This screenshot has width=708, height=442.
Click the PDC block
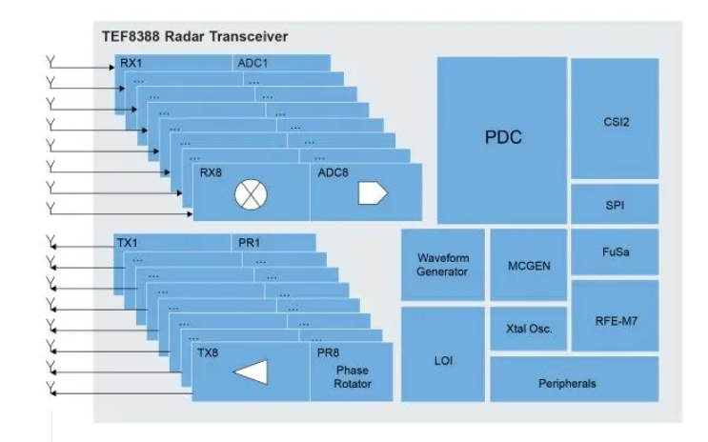[x=502, y=140]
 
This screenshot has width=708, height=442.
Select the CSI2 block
[x=615, y=118]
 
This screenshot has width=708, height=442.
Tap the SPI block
[x=615, y=204]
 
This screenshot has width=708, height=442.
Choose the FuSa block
[x=615, y=251]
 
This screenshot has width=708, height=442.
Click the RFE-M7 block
[x=615, y=315]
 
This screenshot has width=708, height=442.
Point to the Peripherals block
[x=575, y=379]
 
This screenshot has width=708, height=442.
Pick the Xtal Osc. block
[x=529, y=329]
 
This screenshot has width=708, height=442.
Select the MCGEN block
[x=529, y=265]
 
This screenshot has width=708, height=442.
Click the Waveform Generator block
[x=443, y=265]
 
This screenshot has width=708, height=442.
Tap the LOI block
[x=443, y=354]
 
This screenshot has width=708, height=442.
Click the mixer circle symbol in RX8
[x=251, y=194]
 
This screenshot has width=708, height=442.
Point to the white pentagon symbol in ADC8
[x=373, y=193]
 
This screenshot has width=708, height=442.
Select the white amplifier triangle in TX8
[x=251, y=372]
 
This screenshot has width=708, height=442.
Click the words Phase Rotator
[x=353, y=377]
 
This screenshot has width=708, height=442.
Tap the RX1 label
[x=131, y=63]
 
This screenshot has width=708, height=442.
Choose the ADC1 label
[x=253, y=63]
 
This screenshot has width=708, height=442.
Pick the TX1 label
[x=128, y=243]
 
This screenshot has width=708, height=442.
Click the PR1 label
[x=250, y=243]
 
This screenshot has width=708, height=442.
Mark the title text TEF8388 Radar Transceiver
[x=194, y=36]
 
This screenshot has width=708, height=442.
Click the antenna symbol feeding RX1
[x=51, y=62]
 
